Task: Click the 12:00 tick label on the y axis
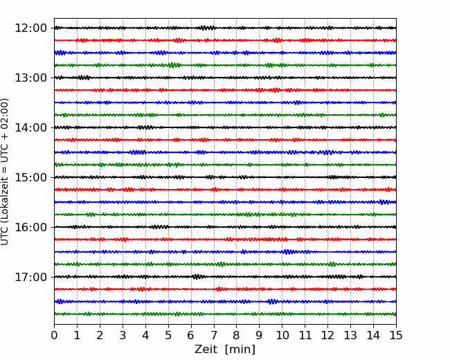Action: click(x=30, y=28)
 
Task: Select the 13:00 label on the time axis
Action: click(x=30, y=78)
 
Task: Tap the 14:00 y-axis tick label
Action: click(x=30, y=127)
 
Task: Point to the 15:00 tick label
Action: click(x=30, y=177)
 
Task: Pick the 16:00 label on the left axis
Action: click(x=30, y=227)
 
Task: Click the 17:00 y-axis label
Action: click(x=30, y=277)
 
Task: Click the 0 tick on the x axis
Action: click(x=54, y=335)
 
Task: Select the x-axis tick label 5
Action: click(x=168, y=335)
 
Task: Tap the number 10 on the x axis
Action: click(x=282, y=335)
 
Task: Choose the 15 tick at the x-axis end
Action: click(x=396, y=335)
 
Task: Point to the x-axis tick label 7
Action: click(x=214, y=335)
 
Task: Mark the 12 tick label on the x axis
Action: click(x=327, y=335)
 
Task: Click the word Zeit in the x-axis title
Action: click(x=207, y=349)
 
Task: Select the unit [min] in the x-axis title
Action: click(x=240, y=350)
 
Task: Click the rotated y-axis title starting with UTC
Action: click(x=5, y=172)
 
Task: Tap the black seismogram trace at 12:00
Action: click(x=225, y=28)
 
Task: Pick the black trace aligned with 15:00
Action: click(x=225, y=177)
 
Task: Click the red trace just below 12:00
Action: click(x=225, y=40)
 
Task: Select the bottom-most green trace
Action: click(x=225, y=314)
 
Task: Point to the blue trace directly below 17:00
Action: click(x=225, y=301)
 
